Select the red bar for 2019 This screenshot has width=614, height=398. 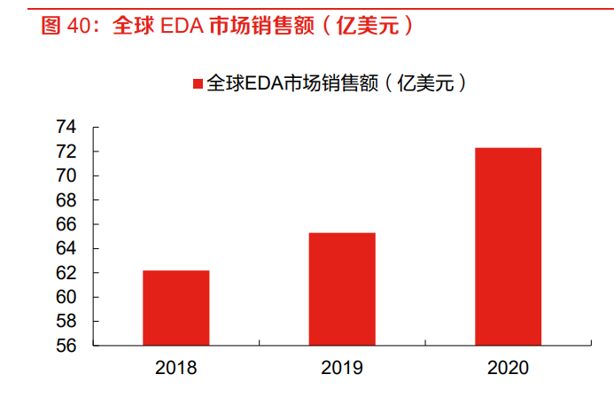tap(341, 289)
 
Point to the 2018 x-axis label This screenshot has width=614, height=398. tap(175, 367)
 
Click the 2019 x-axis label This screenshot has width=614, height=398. tap(341, 367)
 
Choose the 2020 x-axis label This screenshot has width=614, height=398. tap(508, 367)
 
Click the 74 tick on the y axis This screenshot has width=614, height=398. tap(67, 128)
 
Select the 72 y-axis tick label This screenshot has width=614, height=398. tap(67, 152)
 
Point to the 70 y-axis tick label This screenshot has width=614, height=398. tap(67, 176)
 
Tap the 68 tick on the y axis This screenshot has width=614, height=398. tap(67, 200)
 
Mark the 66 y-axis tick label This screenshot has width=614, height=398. tap(67, 224)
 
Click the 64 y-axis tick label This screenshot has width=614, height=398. tap(67, 249)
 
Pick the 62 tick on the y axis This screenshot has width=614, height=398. tap(67, 273)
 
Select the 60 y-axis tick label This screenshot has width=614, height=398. tap(67, 297)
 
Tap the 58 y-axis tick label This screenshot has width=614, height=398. tap(67, 322)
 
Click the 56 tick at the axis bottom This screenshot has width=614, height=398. tap(67, 346)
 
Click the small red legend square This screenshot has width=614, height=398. tap(198, 83)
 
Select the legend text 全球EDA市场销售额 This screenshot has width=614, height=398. tap(292, 83)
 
